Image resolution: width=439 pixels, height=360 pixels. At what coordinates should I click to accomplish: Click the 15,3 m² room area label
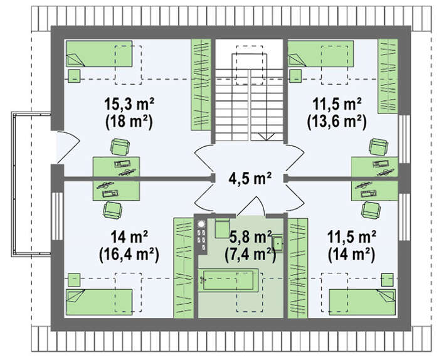(x=129, y=104)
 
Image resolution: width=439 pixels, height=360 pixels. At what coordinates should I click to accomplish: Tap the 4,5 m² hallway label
(x=250, y=178)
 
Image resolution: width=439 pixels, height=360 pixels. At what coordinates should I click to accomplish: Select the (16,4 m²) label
(x=129, y=255)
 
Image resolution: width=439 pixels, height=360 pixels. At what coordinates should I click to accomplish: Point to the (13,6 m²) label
(x=337, y=122)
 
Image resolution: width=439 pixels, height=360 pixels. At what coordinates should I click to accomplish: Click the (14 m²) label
(x=351, y=255)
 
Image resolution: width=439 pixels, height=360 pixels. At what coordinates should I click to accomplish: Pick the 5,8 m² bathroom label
(x=250, y=238)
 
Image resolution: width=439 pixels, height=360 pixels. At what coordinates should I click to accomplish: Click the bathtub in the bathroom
(x=228, y=280)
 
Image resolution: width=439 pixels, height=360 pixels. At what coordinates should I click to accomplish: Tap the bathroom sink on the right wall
(x=278, y=243)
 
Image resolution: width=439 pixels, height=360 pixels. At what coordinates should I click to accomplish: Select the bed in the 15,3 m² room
(x=99, y=54)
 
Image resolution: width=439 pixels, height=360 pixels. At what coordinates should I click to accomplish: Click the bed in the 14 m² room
(x=99, y=302)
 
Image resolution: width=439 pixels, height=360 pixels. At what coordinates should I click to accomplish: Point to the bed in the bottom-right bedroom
(x=362, y=302)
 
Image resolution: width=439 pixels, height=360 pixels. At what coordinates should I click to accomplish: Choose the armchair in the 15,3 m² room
(x=120, y=147)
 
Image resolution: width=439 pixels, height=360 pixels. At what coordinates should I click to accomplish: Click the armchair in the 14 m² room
(x=112, y=211)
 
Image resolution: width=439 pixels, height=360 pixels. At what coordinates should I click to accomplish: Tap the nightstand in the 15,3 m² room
(x=74, y=76)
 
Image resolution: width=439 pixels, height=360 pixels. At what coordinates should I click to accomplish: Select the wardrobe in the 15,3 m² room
(x=201, y=85)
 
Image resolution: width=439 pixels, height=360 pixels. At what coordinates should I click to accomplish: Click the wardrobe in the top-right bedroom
(x=388, y=76)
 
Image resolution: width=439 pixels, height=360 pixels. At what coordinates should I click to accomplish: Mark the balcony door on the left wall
(x=67, y=147)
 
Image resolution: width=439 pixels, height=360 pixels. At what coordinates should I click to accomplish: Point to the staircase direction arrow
(x=267, y=137)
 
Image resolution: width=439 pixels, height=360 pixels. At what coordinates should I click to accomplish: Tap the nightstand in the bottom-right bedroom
(x=387, y=280)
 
